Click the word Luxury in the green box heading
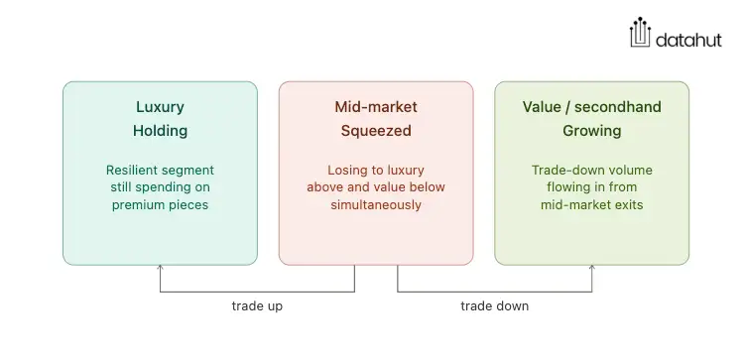point(160,107)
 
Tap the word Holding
point(160,131)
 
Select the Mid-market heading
point(376,107)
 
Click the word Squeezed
point(376,131)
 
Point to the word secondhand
point(618,107)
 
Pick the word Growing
point(592,131)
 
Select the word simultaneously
point(376,205)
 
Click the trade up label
point(257,305)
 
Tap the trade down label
point(494,305)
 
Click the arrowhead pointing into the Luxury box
point(160,268)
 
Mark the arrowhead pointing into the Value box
point(592,268)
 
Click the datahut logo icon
point(640,33)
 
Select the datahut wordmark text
point(688,40)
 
